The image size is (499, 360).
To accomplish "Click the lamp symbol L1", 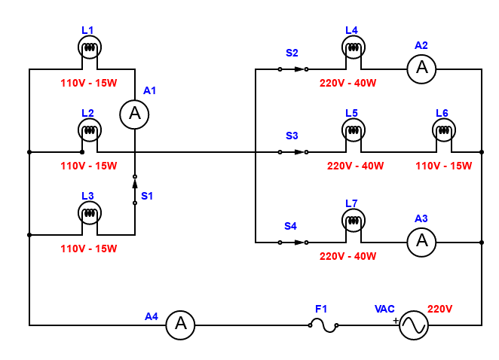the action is click(90, 47).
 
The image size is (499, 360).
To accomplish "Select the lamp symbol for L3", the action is click(90, 213).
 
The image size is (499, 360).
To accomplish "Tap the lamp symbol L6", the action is click(444, 130).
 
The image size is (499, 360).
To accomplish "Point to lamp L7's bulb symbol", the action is click(354, 221).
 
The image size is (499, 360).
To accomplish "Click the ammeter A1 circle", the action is click(134, 114).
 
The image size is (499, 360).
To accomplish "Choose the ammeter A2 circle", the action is click(421, 69).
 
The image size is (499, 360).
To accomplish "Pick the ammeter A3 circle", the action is click(421, 242).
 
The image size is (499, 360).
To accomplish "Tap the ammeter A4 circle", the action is click(180, 325).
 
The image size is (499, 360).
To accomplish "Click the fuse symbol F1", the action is click(323, 325).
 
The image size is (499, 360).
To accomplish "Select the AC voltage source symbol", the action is click(414, 325).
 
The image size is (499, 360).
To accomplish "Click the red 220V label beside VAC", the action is click(439, 309).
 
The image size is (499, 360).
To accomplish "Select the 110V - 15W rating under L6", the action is click(444, 166).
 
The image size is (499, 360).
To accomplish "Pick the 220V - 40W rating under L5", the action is click(356, 166).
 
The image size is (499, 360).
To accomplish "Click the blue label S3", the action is click(292, 136).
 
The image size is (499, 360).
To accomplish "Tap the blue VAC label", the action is click(384, 309).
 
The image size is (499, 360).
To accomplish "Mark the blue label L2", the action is click(87, 113).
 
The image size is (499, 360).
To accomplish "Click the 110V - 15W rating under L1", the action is click(89, 83).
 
